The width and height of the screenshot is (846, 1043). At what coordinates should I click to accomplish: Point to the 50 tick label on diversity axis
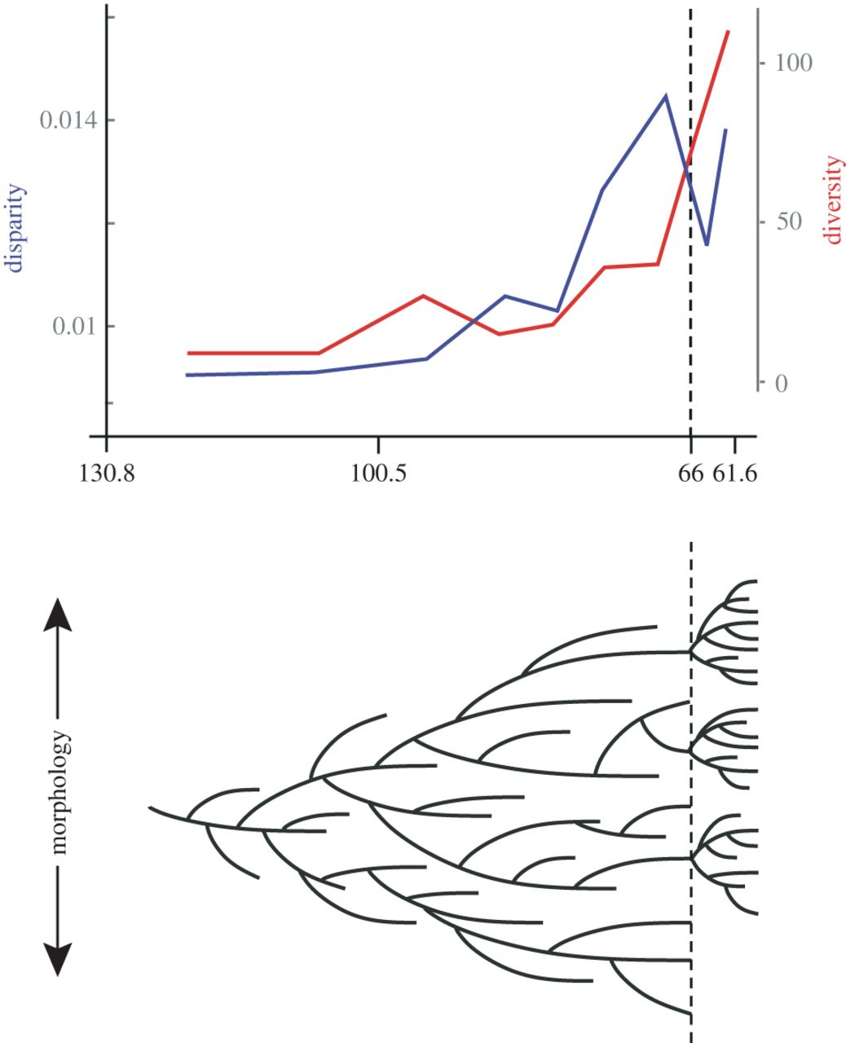click(785, 222)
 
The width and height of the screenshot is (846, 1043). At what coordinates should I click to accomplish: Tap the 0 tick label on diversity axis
click(781, 383)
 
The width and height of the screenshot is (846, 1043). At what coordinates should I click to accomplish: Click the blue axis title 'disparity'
click(15, 228)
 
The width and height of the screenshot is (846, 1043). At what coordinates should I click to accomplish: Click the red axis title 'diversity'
click(832, 200)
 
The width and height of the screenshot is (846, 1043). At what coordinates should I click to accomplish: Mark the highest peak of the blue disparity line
click(666, 95)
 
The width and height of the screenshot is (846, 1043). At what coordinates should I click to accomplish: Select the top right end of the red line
click(728, 31)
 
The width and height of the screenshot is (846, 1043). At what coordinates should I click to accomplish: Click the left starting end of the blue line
click(187, 375)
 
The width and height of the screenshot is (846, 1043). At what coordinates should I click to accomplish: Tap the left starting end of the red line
click(187, 354)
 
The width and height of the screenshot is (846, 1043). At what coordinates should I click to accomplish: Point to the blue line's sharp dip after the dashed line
click(707, 244)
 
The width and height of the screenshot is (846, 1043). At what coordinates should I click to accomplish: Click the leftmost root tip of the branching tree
click(150, 808)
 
